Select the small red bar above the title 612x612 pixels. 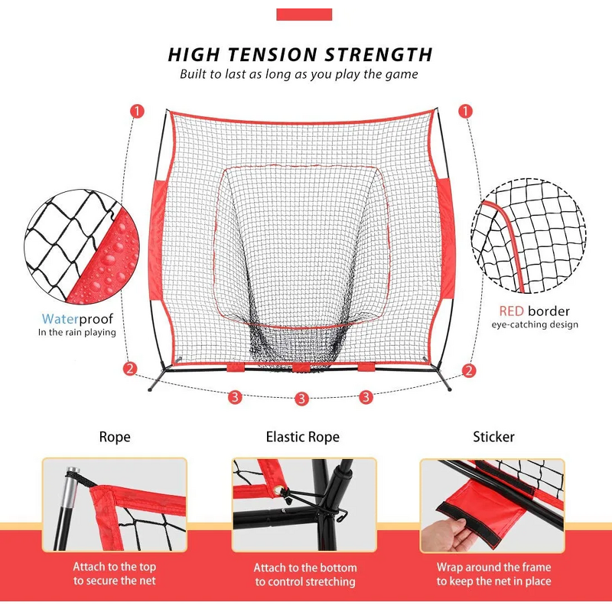click(x=304, y=14)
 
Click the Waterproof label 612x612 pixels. click(x=79, y=318)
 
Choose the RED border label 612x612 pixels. click(x=534, y=311)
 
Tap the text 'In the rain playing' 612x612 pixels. click(x=77, y=333)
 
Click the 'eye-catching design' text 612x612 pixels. click(x=534, y=325)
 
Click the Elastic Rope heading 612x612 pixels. click(x=302, y=438)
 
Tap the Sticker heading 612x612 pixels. click(x=493, y=438)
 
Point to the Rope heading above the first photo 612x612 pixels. click(x=115, y=438)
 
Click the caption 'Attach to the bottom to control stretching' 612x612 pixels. click(x=305, y=575)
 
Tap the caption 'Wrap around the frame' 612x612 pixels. click(x=493, y=568)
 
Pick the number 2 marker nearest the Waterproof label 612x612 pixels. click(x=130, y=369)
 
